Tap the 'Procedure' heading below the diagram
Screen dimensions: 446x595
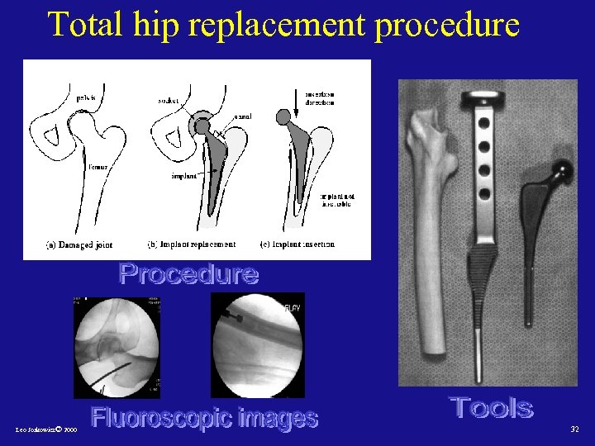pos(188,273)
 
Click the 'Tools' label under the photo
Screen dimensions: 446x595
pos(492,407)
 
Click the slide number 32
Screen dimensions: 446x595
pos(574,429)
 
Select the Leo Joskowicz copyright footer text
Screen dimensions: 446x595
pos(46,430)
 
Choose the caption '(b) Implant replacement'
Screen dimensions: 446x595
pos(191,244)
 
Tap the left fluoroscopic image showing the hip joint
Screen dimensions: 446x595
pos(117,347)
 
